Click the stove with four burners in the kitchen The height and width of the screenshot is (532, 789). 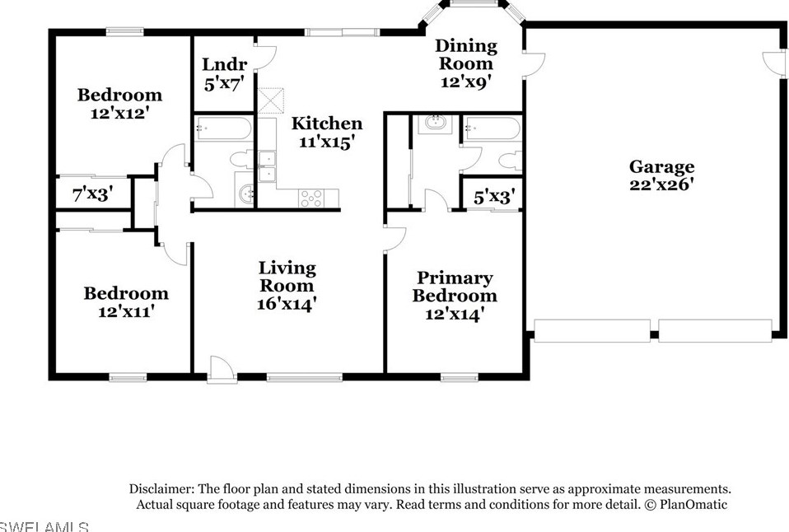[x=312, y=198]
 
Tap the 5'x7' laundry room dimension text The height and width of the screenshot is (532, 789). [x=225, y=82]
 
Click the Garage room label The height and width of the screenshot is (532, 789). [x=661, y=167]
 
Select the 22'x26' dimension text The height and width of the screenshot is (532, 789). [x=661, y=184]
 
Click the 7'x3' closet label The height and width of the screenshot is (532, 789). [x=92, y=194]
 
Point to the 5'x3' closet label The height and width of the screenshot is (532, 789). [x=494, y=197]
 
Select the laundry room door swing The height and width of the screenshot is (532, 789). [x=264, y=58]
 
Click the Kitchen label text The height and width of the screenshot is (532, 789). [x=327, y=124]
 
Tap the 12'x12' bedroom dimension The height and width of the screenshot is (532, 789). [x=119, y=113]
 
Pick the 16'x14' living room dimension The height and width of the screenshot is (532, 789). [x=287, y=303]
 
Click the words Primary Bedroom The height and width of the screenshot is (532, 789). [x=455, y=287]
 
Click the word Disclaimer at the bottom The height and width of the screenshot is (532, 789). [x=161, y=488]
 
